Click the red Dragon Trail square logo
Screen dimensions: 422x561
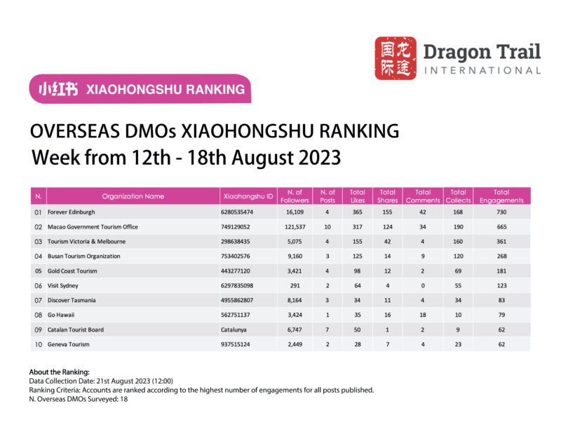pos(395,58)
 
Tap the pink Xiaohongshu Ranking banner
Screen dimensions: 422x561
pos(140,89)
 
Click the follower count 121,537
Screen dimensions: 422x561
pos(295,227)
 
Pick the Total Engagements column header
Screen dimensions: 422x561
pos(501,196)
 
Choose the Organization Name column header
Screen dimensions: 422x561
pos(133,196)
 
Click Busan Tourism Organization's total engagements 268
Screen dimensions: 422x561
pos(501,256)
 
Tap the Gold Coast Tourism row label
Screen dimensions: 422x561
pos(72,271)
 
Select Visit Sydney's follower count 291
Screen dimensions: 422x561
pos(295,285)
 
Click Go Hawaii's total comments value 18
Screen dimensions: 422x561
pos(423,315)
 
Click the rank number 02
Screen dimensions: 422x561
pos(39,227)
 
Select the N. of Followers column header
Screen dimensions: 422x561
pos(295,196)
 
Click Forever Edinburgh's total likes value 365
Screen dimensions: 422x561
pos(357,212)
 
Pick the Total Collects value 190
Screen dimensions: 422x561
pos(458,227)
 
